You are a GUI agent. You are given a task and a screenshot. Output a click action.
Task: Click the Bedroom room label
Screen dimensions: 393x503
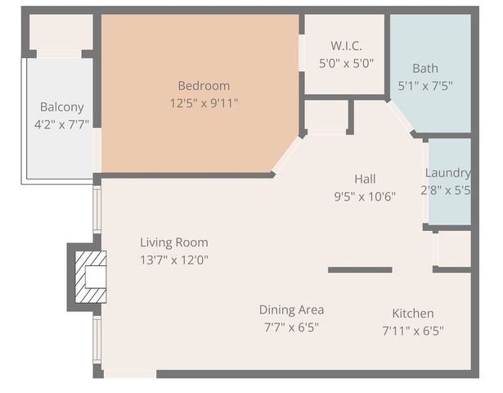(204, 85)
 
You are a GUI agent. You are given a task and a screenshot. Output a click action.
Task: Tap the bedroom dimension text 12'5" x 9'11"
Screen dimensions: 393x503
(204, 103)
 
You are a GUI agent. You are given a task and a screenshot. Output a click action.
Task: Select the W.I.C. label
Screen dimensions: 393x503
(346, 46)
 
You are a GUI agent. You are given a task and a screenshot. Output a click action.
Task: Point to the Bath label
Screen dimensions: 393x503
(424, 68)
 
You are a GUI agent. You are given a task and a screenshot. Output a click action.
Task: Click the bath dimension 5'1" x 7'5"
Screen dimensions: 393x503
(424, 85)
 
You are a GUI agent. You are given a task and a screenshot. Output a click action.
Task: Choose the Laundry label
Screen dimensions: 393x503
(447, 173)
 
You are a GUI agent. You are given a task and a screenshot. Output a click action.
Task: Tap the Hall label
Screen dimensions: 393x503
(365, 178)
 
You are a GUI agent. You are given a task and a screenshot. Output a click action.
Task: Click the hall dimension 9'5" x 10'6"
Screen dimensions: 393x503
(365, 196)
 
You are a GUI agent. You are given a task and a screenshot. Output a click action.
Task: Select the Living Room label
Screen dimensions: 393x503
(173, 242)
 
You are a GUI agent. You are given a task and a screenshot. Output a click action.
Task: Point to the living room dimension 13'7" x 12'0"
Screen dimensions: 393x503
(173, 260)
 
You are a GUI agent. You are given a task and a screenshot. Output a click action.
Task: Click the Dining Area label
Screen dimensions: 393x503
(291, 309)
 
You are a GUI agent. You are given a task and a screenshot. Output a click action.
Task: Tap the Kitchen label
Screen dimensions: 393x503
(412, 314)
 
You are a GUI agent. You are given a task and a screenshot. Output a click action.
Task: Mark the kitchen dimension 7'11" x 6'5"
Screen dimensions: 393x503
(412, 332)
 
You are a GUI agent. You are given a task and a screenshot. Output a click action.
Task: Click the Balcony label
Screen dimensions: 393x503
(62, 106)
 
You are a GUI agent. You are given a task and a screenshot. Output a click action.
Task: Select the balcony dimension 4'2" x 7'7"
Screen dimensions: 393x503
(62, 124)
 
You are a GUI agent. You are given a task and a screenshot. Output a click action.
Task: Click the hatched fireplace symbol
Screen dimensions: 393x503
(91, 278)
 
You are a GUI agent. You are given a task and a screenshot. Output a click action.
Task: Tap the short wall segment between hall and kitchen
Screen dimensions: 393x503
(360, 269)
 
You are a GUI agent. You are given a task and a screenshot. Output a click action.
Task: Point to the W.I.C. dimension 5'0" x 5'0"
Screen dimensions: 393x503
(346, 63)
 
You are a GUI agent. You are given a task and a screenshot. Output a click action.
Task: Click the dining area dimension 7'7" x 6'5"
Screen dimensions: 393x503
(291, 327)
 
